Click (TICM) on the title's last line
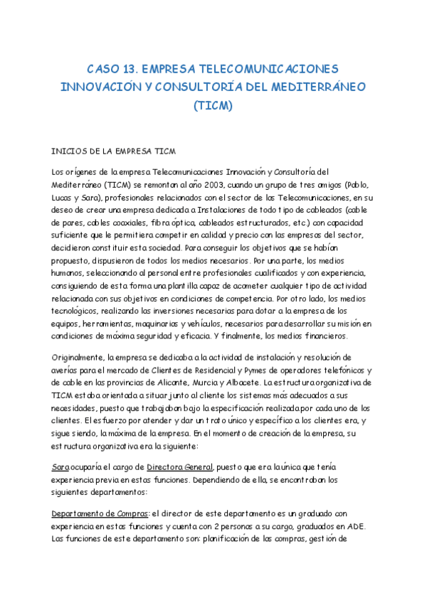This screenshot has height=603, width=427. [x=213, y=106]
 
